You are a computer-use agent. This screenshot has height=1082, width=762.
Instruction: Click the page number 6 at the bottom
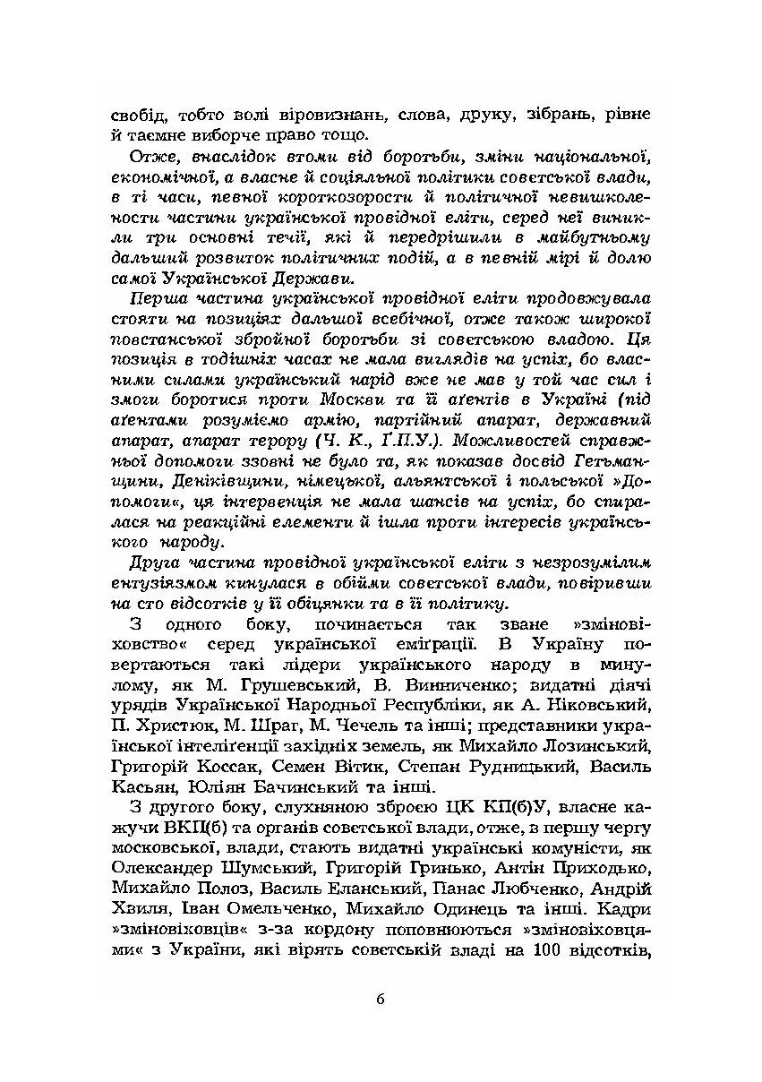click(381, 1000)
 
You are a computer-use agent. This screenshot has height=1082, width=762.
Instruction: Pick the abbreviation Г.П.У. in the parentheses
click(417, 440)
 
